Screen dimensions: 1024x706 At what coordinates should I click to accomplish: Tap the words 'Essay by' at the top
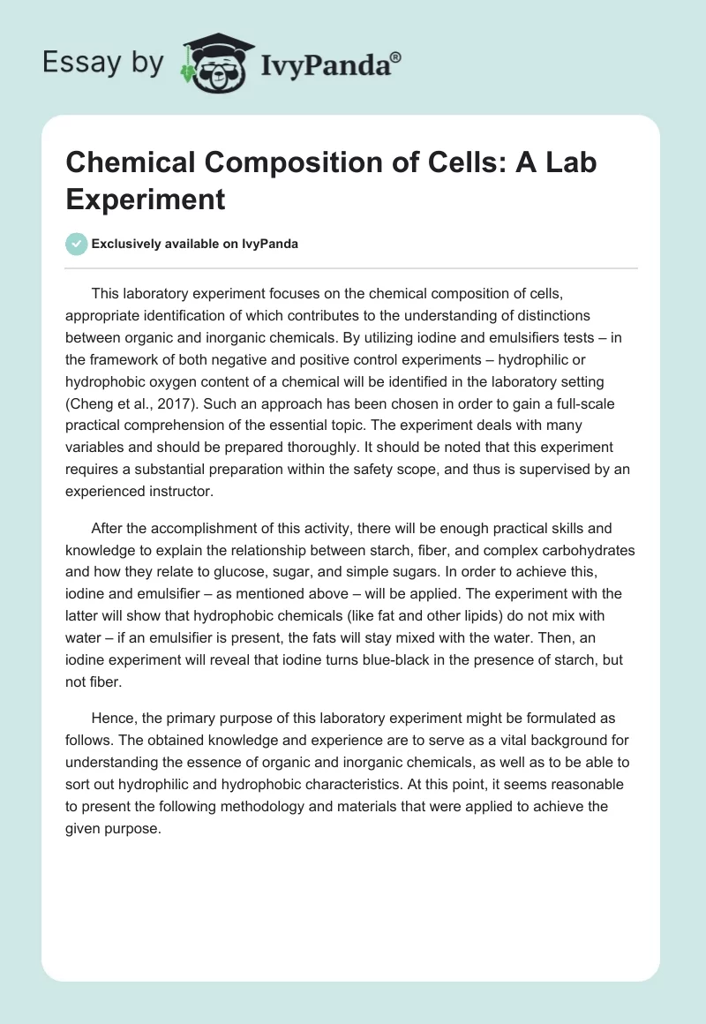[x=103, y=64]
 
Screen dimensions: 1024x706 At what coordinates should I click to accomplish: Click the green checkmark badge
[x=77, y=244]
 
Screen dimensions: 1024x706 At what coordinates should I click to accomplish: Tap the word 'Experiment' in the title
[x=146, y=200]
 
